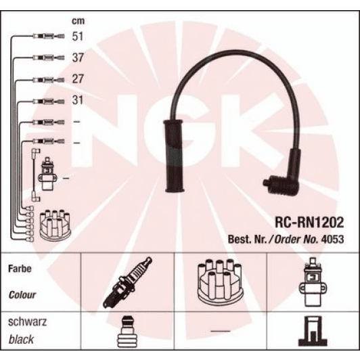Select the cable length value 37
(78, 59)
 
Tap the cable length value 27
(78, 79)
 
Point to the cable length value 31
(78, 101)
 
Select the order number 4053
(332, 239)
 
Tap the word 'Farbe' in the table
(20, 269)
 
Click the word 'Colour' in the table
(22, 295)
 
